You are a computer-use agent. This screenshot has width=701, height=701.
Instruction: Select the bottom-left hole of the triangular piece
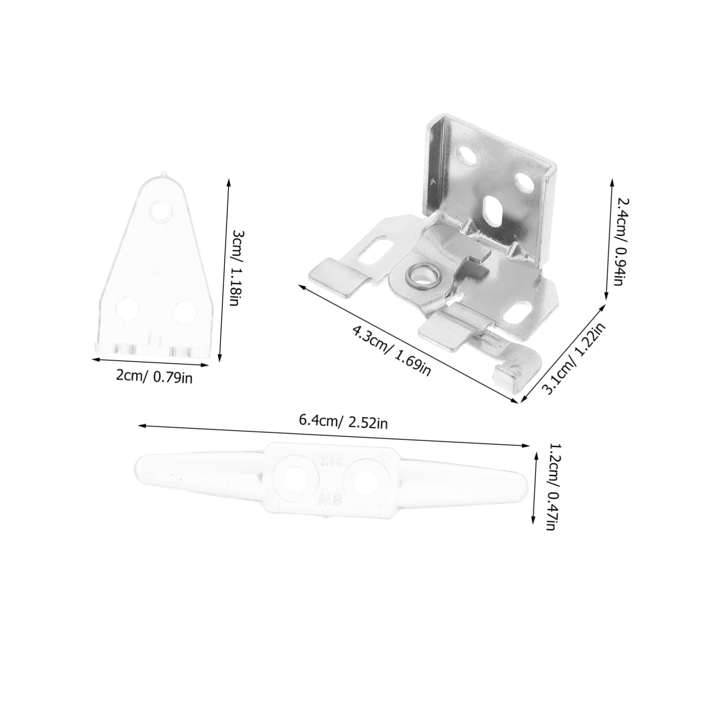coord(127,309)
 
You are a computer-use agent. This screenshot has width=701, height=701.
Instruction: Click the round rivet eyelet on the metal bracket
coord(421,276)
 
